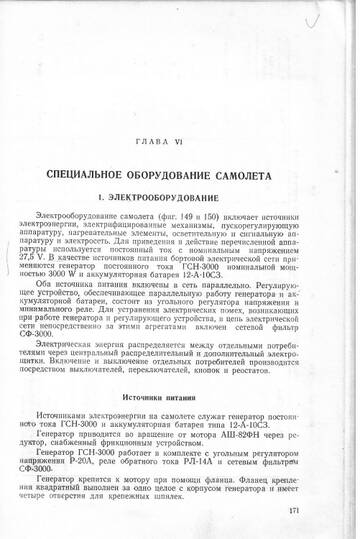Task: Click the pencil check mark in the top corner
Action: (319, 18)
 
